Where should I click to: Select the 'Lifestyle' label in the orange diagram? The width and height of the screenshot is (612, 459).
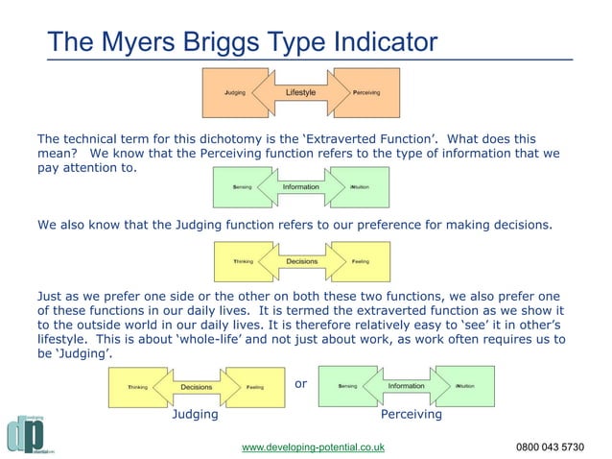pyautogui.click(x=300, y=92)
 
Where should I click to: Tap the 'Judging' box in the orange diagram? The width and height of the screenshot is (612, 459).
pyautogui.click(x=235, y=93)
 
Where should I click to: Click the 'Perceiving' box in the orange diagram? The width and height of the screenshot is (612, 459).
pyautogui.click(x=365, y=93)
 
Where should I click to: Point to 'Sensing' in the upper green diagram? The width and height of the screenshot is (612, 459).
pyautogui.click(x=243, y=187)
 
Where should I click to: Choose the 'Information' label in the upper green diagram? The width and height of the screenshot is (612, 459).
pyautogui.click(x=300, y=186)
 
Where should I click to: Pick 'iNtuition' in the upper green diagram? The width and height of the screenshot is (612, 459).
pyautogui.click(x=361, y=187)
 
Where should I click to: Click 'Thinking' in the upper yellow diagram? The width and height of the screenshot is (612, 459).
pyautogui.click(x=244, y=261)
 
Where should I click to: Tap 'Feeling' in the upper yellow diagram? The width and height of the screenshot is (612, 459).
pyautogui.click(x=361, y=261)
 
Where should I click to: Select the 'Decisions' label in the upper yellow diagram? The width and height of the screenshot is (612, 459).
pyautogui.click(x=301, y=260)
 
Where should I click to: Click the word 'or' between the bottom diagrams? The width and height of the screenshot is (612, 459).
pyautogui.click(x=300, y=384)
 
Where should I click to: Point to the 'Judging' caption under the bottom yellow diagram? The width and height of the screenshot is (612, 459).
pyautogui.click(x=195, y=416)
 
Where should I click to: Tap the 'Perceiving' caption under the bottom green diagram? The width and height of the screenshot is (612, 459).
pyautogui.click(x=411, y=416)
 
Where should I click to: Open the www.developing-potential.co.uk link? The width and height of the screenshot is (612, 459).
pyautogui.click(x=313, y=447)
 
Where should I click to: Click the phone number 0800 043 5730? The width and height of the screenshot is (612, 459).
pyautogui.click(x=550, y=447)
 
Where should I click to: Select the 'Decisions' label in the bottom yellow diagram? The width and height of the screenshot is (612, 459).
pyautogui.click(x=196, y=387)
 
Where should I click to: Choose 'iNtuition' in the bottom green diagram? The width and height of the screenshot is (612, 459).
pyautogui.click(x=465, y=387)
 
